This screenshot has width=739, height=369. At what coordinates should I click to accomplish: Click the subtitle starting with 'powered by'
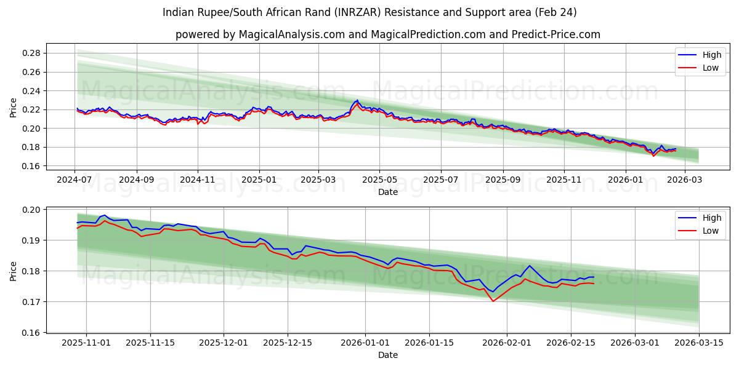[387, 34]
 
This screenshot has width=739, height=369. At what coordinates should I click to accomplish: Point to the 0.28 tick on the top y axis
[31, 54]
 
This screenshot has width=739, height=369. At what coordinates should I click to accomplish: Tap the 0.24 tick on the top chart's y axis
[31, 91]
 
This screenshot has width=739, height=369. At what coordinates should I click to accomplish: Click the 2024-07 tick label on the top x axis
[75, 180]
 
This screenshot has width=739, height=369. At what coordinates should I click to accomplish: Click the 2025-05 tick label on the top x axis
[379, 180]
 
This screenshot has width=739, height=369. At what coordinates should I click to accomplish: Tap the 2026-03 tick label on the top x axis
[685, 180]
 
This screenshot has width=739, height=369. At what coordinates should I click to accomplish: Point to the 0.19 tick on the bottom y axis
[31, 240]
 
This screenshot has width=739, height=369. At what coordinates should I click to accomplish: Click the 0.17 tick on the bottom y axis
[31, 302]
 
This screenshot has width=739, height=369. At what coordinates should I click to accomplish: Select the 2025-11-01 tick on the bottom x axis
[86, 343]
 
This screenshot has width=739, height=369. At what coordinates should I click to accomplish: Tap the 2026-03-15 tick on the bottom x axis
[699, 343]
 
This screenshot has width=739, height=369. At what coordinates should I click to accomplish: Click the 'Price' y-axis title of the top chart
[14, 108]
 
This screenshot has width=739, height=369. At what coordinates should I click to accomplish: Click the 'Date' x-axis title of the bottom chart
[388, 355]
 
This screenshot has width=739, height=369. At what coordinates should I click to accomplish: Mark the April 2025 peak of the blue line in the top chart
[357, 100]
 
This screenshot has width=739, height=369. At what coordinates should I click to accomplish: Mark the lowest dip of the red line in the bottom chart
[493, 301]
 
